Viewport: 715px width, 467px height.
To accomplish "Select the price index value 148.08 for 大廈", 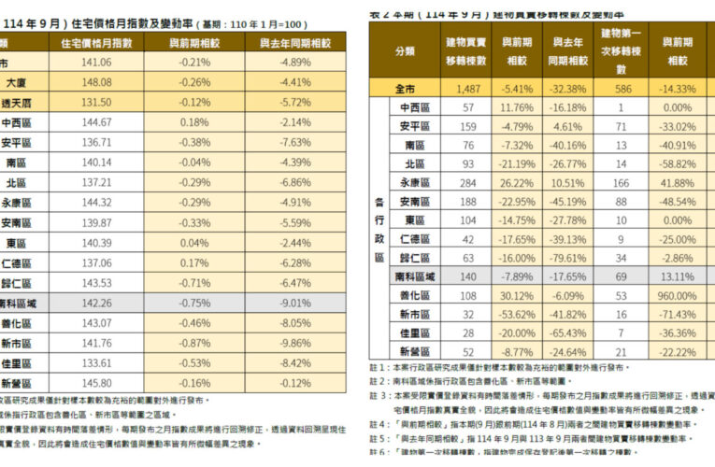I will coord(96,82).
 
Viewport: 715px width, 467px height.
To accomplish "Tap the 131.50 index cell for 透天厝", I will coord(96,102).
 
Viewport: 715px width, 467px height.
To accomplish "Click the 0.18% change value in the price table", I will coord(195,122).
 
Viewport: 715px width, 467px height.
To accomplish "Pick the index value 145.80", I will coord(96,382).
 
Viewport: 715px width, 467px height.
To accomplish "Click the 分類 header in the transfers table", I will coord(405,51).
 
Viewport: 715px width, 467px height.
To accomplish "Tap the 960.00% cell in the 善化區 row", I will coord(678,295).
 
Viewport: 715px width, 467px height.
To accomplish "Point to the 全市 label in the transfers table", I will coord(405,89).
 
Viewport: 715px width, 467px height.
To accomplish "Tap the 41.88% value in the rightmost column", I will coord(678,182).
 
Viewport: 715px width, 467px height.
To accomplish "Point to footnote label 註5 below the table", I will coord(377,436).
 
